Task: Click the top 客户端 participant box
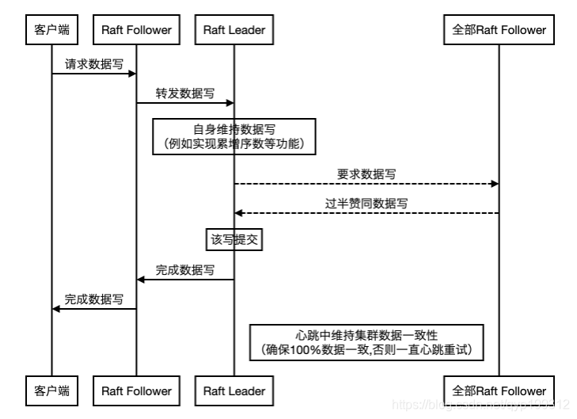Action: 52,30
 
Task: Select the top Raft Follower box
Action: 136,30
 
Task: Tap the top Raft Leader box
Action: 233,30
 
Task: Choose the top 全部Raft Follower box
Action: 499,30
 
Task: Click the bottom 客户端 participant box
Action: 52,390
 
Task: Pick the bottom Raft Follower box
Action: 136,390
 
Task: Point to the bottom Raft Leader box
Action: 233,390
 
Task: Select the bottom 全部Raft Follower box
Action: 499,390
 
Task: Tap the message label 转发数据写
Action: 184,93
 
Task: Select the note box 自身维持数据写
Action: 234,135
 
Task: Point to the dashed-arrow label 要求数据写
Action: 366,173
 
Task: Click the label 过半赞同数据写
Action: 366,203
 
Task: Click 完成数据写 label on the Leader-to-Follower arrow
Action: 184,269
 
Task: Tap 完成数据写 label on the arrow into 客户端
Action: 93,299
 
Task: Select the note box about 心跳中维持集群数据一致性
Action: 366,341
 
